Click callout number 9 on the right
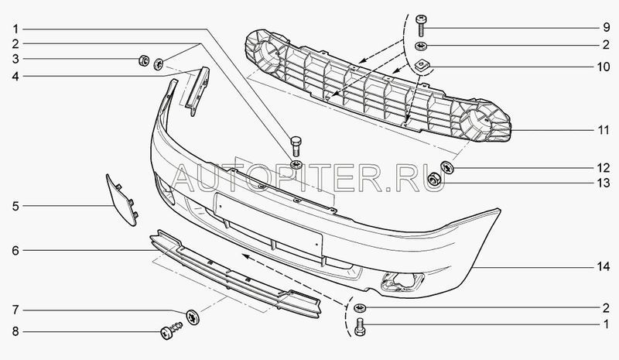coord(606,28)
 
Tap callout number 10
coord(604,67)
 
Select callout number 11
coord(604,130)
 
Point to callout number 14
coord(604,267)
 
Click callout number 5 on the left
coord(15,206)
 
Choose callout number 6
coord(15,251)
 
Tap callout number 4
coord(15,76)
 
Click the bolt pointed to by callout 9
coord(421,26)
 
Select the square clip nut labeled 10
coord(422,66)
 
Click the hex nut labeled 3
coord(144,60)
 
